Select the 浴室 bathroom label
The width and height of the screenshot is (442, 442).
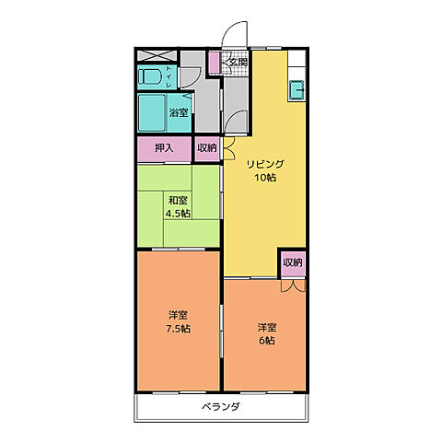coord(179,113)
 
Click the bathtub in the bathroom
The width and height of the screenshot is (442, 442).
coord(152,112)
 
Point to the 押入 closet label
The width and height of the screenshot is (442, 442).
coord(164,148)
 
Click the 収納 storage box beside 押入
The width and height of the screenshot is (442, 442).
coord(207,148)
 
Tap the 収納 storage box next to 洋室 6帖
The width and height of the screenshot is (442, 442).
coord(293,262)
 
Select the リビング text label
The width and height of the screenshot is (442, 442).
coord(265,164)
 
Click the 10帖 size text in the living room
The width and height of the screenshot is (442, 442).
coord(265,178)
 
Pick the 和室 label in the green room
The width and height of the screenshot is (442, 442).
coord(179,201)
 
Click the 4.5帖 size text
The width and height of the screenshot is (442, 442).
coord(179,214)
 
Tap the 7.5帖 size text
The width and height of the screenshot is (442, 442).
coord(179,328)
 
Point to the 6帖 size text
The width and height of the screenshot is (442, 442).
coord(266,341)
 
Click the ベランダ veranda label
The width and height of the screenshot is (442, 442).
coord(221,406)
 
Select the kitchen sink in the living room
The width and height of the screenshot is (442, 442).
coord(297,91)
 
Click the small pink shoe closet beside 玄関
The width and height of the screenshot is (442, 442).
coord(213,64)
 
